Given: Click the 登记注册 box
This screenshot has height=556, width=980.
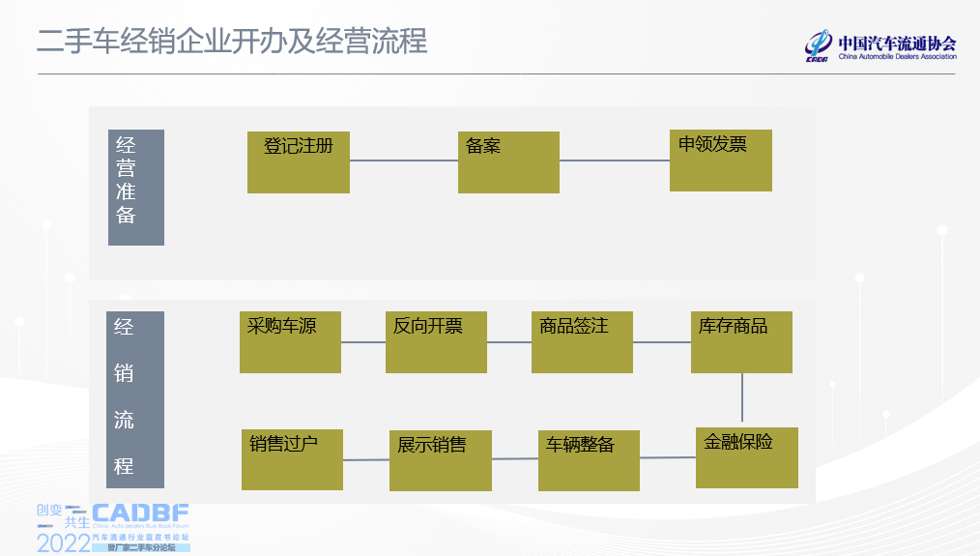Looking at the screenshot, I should click(298, 161).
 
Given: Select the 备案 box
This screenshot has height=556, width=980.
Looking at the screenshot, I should click(508, 162).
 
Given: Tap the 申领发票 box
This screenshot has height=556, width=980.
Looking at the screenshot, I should click(721, 160).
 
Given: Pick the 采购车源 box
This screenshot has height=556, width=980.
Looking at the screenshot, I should click(290, 341).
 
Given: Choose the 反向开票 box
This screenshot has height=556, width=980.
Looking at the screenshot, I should click(436, 341).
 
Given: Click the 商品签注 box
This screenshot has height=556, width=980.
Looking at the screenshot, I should click(582, 341).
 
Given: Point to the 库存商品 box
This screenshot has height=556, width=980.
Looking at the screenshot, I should click(741, 341).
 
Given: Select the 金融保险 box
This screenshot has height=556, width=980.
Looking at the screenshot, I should click(746, 457).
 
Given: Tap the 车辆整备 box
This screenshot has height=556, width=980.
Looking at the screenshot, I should click(589, 459).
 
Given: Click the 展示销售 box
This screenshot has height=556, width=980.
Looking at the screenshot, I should click(440, 459).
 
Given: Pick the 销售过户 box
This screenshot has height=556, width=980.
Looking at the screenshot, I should click(292, 459).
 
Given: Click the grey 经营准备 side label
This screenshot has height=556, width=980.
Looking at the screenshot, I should click(136, 187).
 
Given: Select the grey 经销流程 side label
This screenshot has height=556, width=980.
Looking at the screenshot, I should click(135, 398).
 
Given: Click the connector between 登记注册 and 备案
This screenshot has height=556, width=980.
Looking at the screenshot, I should click(403, 161).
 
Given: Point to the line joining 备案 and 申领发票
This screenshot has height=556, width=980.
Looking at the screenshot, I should click(615, 161).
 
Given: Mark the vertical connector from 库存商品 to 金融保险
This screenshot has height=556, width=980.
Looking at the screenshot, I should click(742, 399).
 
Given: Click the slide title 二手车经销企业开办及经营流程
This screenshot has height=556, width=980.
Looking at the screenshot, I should click(232, 42).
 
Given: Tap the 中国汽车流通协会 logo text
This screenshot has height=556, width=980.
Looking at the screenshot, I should click(897, 44).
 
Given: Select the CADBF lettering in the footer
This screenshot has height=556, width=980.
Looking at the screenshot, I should click(140, 514).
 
